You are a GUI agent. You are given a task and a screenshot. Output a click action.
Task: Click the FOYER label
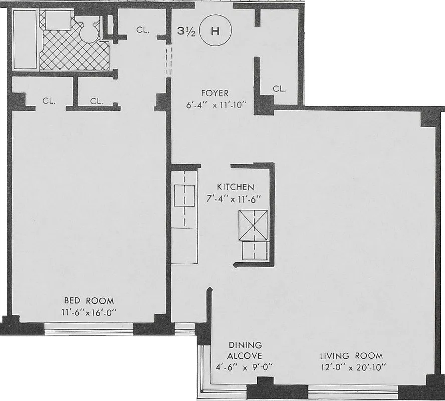[214, 93]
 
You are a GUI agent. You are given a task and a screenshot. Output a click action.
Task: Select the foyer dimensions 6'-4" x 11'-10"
[214, 106]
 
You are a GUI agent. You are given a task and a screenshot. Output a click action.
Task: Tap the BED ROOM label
[89, 301]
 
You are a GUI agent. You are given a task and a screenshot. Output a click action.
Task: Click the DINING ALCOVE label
[245, 350]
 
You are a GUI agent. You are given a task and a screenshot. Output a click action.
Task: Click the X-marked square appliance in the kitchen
[252, 225]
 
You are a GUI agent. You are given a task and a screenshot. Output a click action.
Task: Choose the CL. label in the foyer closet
[279, 89]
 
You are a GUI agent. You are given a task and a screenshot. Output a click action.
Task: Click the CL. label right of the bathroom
[143, 30]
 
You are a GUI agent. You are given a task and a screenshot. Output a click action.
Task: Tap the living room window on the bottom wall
[353, 391]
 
